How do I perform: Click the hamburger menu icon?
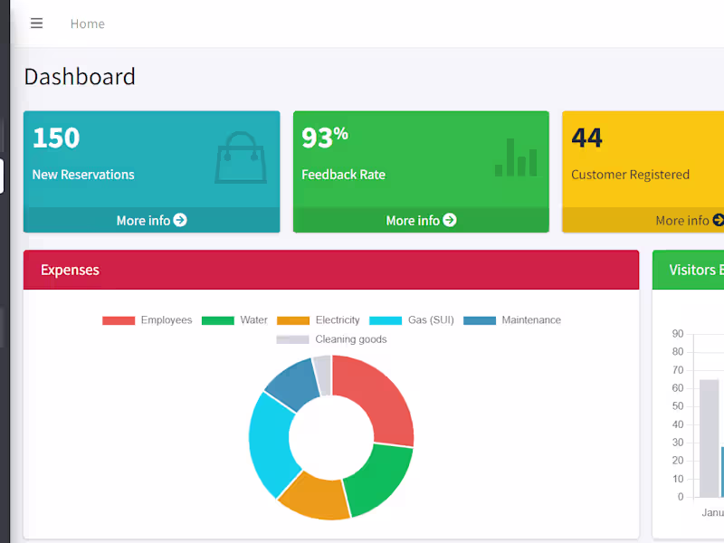point(36,24)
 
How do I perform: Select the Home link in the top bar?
point(88,24)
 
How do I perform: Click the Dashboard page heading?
point(80,77)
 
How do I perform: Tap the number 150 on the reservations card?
point(56,138)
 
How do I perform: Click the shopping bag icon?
point(240,158)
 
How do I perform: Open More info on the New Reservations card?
point(151,220)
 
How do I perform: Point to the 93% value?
point(324,138)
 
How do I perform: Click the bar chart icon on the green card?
point(516,158)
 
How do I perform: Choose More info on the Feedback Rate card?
point(421,220)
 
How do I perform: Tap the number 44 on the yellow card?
point(586,138)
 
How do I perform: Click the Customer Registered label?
point(630,175)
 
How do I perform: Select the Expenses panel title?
point(70,270)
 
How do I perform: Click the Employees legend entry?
point(148,320)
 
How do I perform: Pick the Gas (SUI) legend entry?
point(413,320)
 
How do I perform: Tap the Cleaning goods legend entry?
point(332,339)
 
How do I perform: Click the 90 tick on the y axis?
point(678,334)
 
